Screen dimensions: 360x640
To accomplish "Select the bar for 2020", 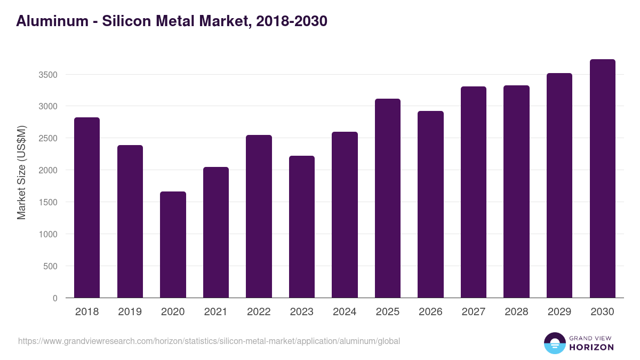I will pyautogui.click(x=173, y=245).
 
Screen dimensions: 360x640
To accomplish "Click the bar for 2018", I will pyautogui.click(x=87, y=208).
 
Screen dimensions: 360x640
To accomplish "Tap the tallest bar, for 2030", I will pyautogui.click(x=602, y=179).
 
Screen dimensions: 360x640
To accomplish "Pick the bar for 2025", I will pyautogui.click(x=388, y=198).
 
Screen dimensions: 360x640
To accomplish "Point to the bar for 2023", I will pyautogui.click(x=302, y=227).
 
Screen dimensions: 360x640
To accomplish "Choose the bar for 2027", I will pyautogui.click(x=474, y=192).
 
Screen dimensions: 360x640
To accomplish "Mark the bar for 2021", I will pyautogui.click(x=216, y=233).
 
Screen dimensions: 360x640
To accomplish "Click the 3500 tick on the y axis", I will pyautogui.click(x=48, y=75).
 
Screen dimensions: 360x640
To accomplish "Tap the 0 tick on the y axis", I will pyautogui.click(x=55, y=298).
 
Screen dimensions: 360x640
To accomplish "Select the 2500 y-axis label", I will pyautogui.click(x=48, y=138).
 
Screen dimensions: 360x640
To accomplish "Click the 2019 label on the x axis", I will pyautogui.click(x=130, y=312).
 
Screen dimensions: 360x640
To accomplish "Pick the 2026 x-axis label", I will pyautogui.click(x=430, y=312).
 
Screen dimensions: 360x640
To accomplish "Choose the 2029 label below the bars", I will pyautogui.click(x=559, y=312).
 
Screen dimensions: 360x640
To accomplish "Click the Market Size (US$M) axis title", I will pyautogui.click(x=21, y=172).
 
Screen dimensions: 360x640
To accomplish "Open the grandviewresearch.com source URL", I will pyautogui.click(x=209, y=341).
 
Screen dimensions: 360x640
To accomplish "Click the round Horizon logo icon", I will pyautogui.click(x=555, y=343).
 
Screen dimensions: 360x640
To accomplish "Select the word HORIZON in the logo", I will pyautogui.click(x=592, y=347).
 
